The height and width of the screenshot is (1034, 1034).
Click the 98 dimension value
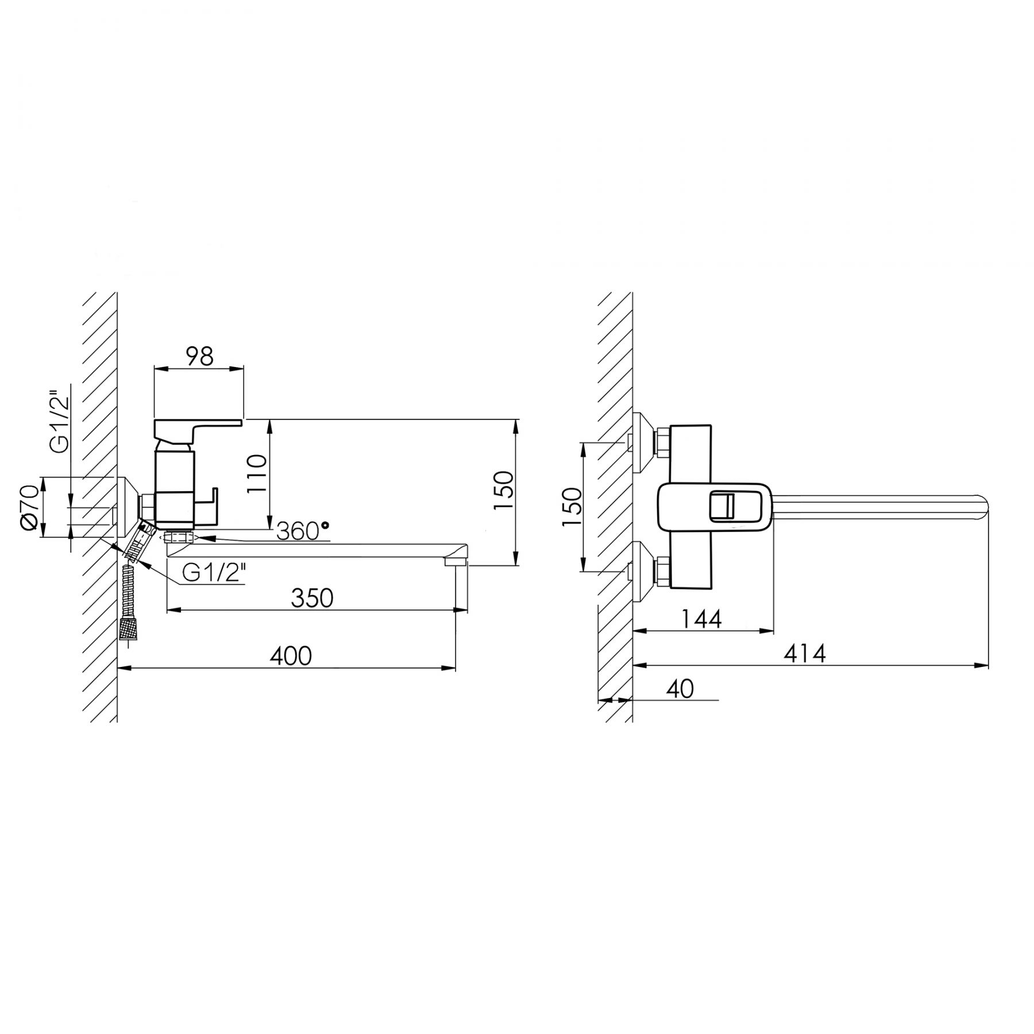tap(200, 356)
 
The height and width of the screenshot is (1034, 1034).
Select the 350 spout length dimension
tap(312, 598)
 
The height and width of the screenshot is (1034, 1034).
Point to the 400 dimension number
tap(291, 655)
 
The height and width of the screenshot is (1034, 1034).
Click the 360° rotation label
tap(303, 532)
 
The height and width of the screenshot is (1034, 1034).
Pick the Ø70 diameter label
tap(30, 507)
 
